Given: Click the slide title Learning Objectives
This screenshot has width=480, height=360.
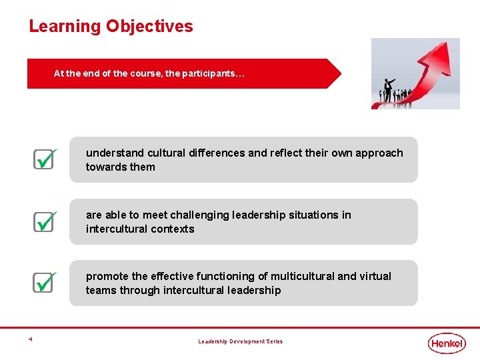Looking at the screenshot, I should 111,27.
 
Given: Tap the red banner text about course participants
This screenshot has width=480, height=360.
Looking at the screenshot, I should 149,74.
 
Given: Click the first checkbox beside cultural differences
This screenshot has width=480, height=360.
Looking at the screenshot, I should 43,159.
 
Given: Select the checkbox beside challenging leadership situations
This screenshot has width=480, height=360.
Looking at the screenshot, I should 43,221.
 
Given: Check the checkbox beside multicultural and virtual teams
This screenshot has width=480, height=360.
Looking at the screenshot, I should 43,282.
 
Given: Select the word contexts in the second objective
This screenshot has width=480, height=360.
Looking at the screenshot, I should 173,229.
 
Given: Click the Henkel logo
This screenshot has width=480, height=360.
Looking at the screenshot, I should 447,343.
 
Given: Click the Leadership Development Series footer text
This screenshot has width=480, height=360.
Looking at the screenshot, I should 240,341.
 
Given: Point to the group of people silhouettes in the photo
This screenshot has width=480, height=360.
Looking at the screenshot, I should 393,93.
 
